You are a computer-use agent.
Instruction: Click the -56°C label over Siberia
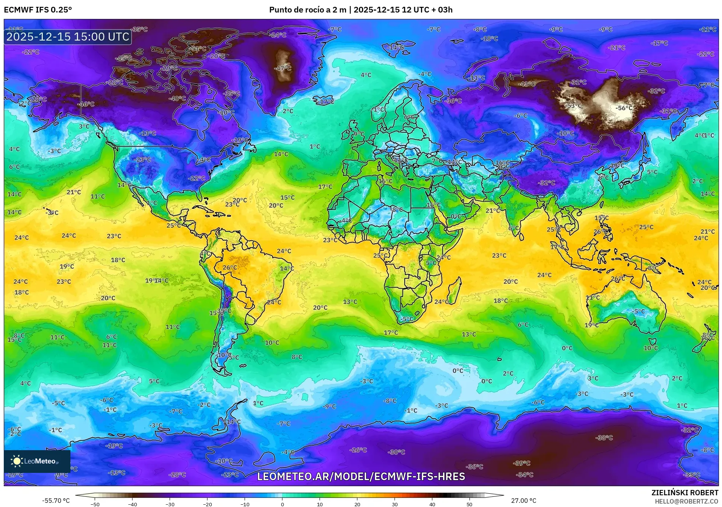click(x=624, y=108)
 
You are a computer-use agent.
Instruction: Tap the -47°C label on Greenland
click(x=282, y=68)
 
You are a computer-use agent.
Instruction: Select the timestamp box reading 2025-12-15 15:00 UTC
click(x=68, y=37)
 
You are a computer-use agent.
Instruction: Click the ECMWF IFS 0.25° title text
click(x=38, y=10)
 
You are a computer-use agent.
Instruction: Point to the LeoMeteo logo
click(x=37, y=461)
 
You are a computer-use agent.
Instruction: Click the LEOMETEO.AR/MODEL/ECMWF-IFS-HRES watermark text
click(x=361, y=476)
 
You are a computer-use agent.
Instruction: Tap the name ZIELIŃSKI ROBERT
click(x=685, y=493)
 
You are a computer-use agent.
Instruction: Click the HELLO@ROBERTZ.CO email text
click(x=686, y=501)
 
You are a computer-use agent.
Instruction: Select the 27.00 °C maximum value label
click(x=523, y=501)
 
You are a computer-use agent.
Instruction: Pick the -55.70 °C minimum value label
click(x=56, y=501)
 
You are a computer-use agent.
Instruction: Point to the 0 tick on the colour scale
click(x=282, y=504)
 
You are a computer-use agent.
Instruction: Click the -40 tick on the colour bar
click(x=133, y=504)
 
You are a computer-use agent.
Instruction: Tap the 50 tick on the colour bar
click(x=469, y=504)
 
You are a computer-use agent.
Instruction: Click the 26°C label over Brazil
click(x=229, y=268)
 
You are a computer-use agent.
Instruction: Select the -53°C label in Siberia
click(x=574, y=106)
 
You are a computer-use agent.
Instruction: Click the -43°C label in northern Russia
click(x=526, y=84)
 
